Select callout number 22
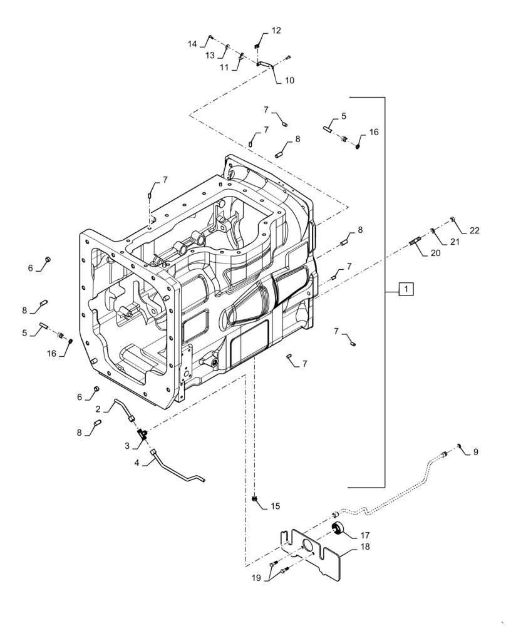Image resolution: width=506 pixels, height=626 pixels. coord(475,230)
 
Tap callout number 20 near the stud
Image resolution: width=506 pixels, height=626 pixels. coord(435,254)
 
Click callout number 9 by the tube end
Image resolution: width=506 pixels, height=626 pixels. coord(475,451)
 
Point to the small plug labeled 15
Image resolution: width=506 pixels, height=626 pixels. coord(256,498)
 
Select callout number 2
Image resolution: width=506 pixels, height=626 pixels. coord(98,409)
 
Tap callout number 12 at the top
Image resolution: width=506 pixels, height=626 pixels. coord(276,31)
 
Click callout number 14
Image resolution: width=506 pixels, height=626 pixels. coord(193,44)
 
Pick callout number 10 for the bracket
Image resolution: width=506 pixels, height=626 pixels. coord(289,80)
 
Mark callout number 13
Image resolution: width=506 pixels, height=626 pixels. coord(211,55)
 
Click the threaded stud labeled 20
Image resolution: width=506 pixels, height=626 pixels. coord(418,241)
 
